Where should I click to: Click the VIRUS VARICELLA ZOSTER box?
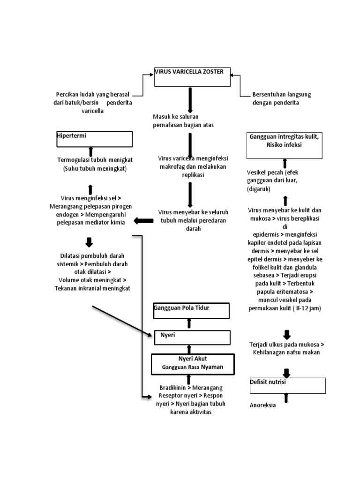192,77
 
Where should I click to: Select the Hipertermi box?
94,139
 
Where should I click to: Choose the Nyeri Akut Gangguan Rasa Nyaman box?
192,364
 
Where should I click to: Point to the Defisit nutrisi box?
287,385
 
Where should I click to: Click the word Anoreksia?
262,405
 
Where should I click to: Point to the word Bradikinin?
172,388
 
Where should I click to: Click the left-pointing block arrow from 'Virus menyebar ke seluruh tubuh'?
143,221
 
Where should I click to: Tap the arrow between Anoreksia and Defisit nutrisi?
286,398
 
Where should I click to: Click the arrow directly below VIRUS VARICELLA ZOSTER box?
190,99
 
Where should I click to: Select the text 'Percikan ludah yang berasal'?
92,94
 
